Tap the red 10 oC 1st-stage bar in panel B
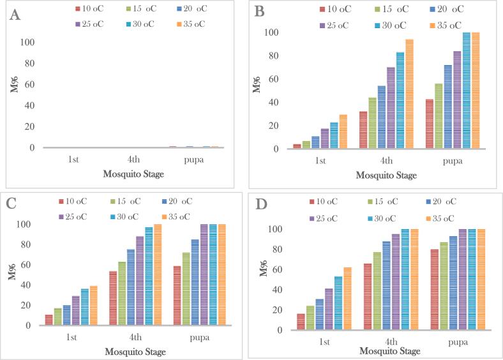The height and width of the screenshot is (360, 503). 297,146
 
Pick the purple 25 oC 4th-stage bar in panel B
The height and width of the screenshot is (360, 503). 391,107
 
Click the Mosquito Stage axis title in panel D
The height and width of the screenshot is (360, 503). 390,351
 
